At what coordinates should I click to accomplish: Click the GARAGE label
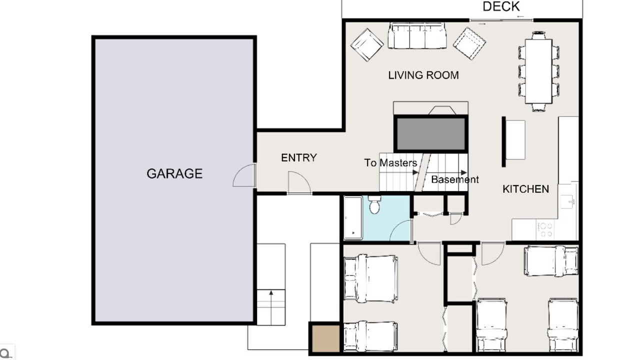174,173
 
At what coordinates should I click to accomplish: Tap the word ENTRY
299,157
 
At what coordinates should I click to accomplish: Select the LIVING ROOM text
423,75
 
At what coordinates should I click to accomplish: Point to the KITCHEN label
525,189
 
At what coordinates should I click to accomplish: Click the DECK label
501,6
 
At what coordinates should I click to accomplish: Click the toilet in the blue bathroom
374,204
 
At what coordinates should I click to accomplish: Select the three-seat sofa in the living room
417,35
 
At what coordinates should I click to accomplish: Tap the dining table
538,71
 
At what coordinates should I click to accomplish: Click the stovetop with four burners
545,230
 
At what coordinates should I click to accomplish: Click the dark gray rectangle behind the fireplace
431,133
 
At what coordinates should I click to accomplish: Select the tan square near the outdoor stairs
325,338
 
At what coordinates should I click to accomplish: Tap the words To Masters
390,163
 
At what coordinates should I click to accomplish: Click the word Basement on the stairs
455,179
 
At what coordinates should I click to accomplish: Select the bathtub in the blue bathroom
353,217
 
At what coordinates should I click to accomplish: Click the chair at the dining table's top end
538,35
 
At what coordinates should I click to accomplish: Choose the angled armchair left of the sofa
367,44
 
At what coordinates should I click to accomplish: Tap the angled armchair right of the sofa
469,43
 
